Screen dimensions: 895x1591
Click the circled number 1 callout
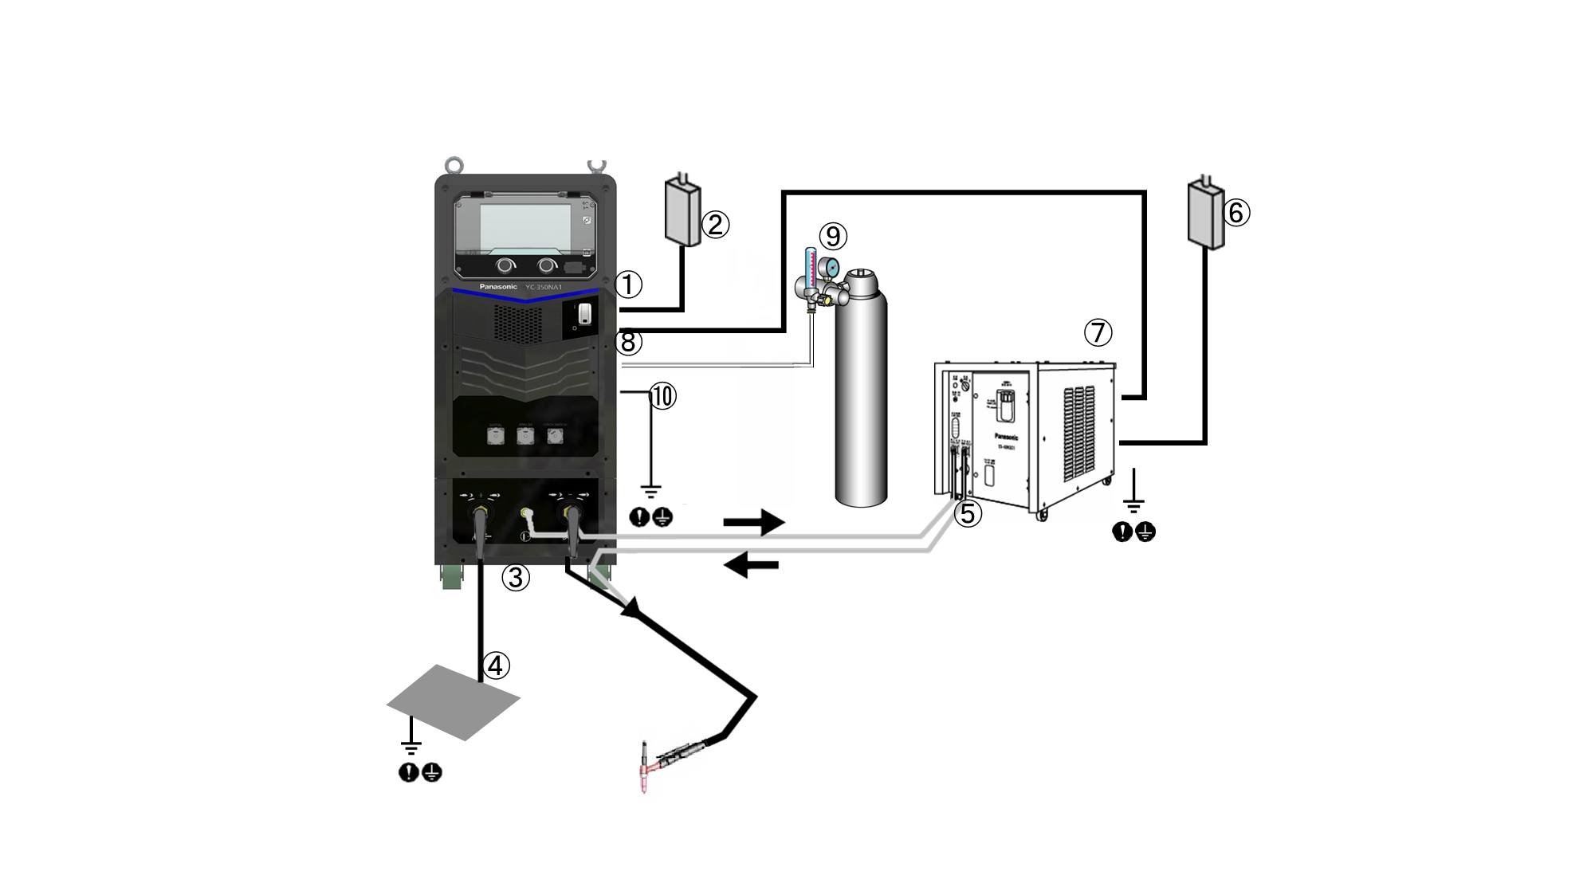point(628,285)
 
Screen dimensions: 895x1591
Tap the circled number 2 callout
point(715,225)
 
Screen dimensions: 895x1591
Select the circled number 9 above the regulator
point(833,236)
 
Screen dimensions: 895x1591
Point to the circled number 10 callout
point(662,396)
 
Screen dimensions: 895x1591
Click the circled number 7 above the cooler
point(1098,332)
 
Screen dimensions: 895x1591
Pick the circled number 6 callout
point(1236,213)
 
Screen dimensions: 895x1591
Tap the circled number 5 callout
point(968,514)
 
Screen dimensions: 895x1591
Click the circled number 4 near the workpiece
point(496,665)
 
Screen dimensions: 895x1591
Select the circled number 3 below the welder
point(516,577)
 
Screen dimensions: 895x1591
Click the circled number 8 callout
point(628,343)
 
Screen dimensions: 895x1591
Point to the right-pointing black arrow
point(753,523)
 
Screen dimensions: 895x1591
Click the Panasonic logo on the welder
point(497,286)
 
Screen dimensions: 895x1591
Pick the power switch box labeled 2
point(682,211)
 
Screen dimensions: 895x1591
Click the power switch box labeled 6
point(1205,214)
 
